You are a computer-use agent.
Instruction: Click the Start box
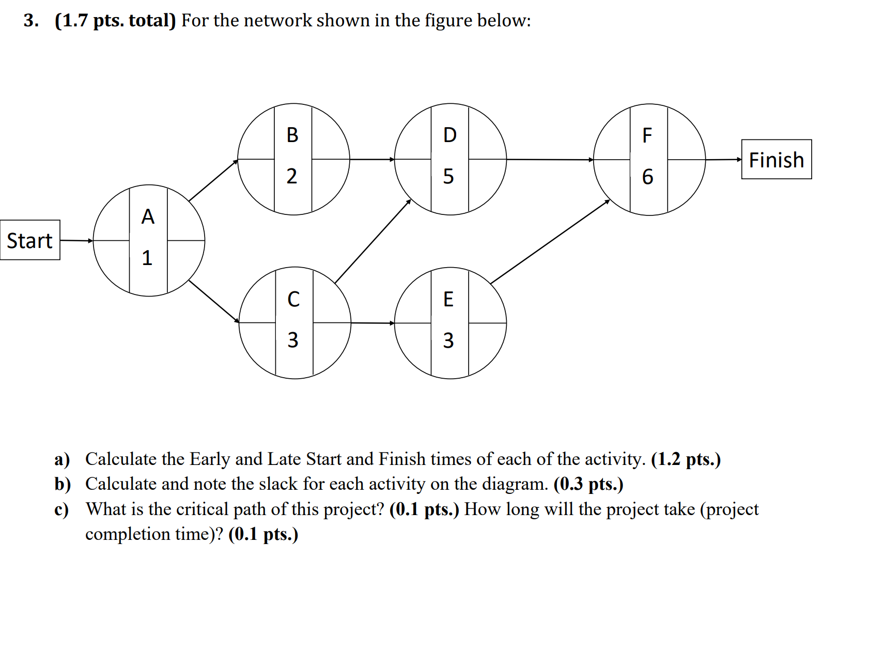point(30,240)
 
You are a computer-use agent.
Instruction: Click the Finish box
point(776,160)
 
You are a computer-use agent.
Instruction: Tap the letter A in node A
point(148,216)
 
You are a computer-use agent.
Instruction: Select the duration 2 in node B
point(292,176)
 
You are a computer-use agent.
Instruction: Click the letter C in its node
point(293,299)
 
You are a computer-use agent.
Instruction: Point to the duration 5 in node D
point(448,176)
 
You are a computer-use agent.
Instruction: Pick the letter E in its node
point(448,299)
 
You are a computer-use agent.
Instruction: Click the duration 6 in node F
point(647,177)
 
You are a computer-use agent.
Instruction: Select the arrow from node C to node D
point(373,241)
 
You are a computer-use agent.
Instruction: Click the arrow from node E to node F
point(550,241)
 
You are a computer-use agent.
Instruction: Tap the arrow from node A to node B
point(213,180)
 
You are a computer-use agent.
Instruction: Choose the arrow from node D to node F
point(550,160)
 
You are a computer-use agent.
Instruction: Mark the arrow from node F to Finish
point(723,160)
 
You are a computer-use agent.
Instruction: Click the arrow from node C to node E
point(373,323)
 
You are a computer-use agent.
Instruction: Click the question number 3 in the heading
point(30,21)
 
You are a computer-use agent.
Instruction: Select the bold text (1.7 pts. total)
point(115,21)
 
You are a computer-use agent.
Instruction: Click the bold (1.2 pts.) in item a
point(686,459)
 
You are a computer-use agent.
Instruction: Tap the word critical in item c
point(202,509)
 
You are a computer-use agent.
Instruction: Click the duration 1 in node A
point(147,257)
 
